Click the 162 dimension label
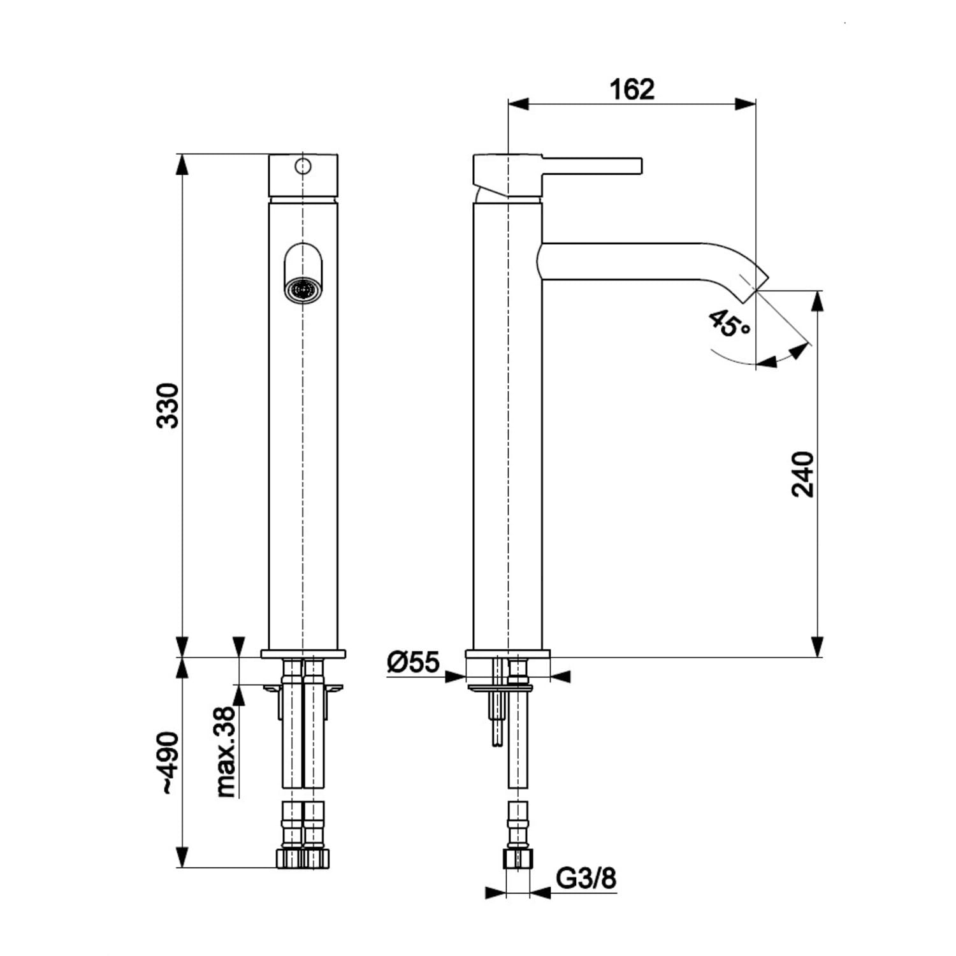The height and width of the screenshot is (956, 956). (632, 89)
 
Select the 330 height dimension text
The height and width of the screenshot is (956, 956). (169, 405)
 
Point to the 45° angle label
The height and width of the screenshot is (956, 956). (729, 324)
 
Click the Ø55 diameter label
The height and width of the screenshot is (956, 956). (413, 663)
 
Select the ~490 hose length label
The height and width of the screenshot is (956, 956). (169, 762)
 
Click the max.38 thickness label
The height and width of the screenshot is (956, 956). (226, 752)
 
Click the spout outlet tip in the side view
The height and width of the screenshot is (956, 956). (762, 282)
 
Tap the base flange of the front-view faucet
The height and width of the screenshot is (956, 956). (303, 653)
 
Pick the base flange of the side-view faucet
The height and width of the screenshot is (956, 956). (507, 653)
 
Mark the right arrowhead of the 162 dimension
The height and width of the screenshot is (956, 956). (746, 104)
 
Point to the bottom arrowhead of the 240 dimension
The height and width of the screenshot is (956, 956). (817, 646)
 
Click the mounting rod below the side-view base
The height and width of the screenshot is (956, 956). (496, 720)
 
